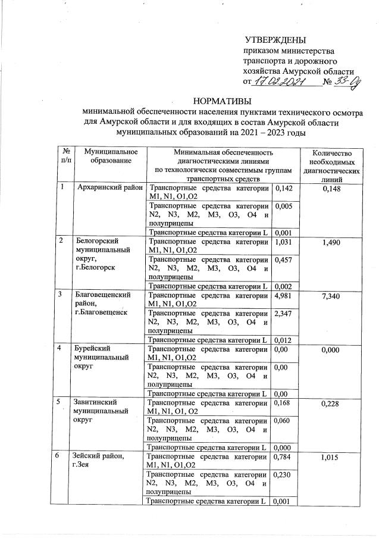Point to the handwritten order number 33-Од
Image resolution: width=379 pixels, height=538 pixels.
coord(346,82)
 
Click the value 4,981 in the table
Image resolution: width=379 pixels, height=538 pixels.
coord(283,295)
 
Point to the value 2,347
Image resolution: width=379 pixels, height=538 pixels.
coord(283,313)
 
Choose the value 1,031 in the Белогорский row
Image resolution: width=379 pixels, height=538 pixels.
coord(283,242)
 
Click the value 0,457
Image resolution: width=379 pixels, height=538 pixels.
coord(283,260)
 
